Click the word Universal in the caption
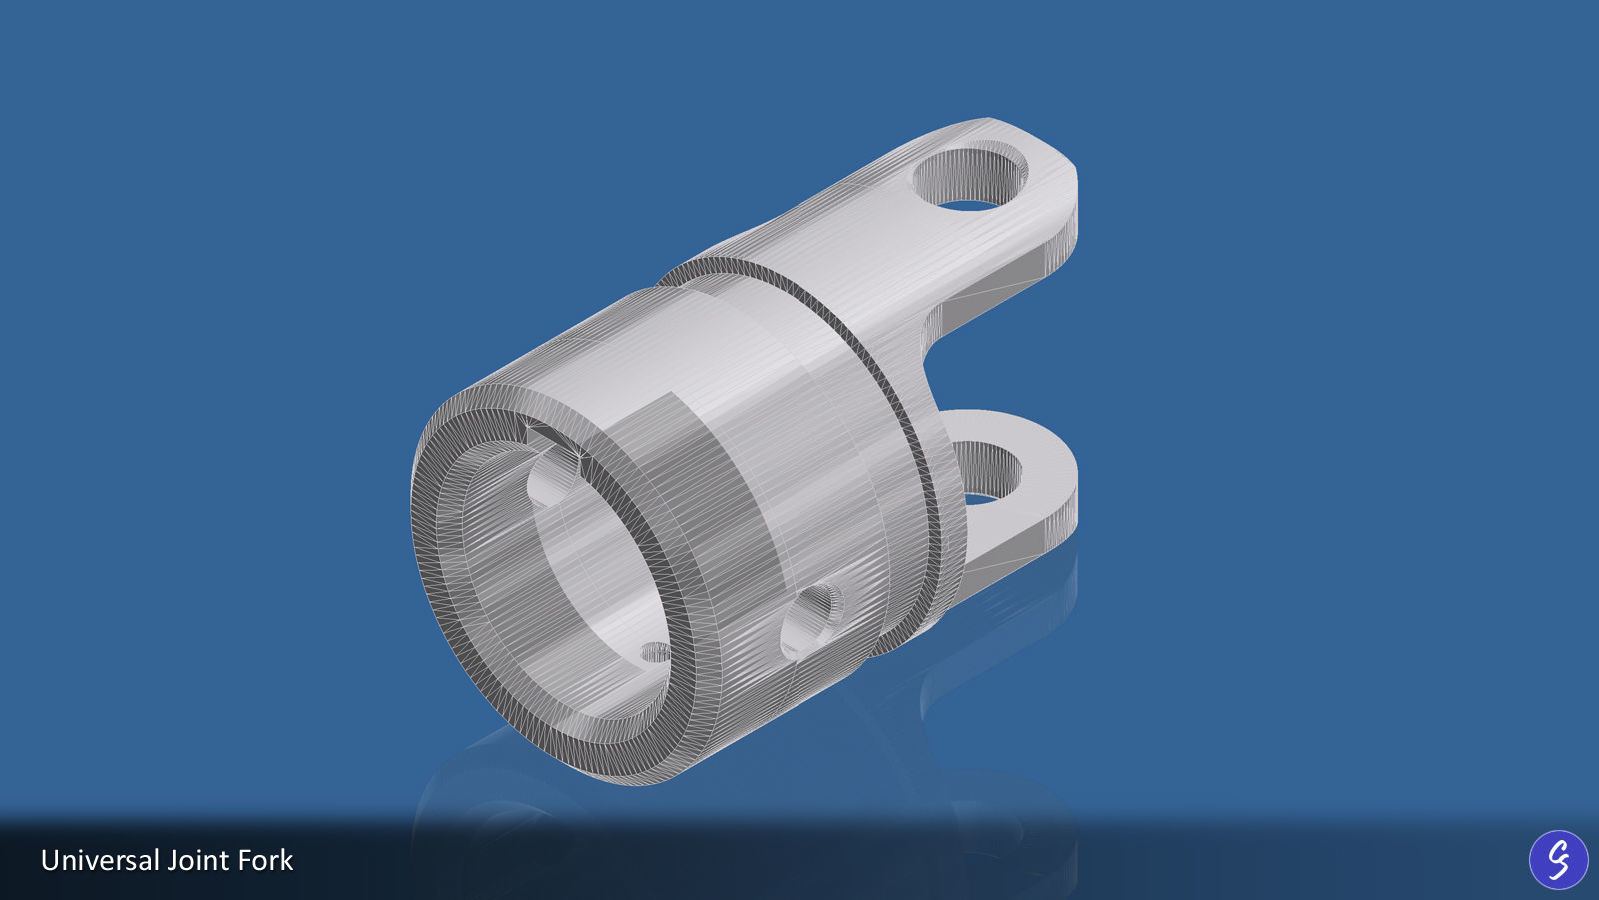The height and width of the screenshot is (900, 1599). pos(100,860)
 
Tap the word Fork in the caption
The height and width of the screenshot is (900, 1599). pos(265,860)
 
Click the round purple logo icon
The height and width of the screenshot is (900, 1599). pos(1558,859)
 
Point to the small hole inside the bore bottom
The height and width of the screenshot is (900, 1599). pos(655,653)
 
